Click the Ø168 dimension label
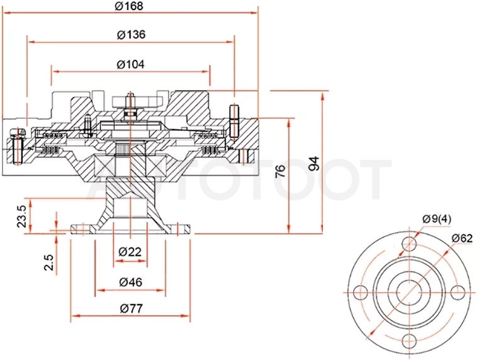coord(129,6)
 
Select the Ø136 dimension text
coord(131,35)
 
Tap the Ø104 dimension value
coord(130,64)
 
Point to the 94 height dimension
coord(314,163)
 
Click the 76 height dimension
coord(280,171)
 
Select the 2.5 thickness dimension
coord(48,262)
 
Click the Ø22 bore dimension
coord(130,252)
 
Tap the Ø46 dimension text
coord(130,282)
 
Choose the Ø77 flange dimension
coord(131,308)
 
